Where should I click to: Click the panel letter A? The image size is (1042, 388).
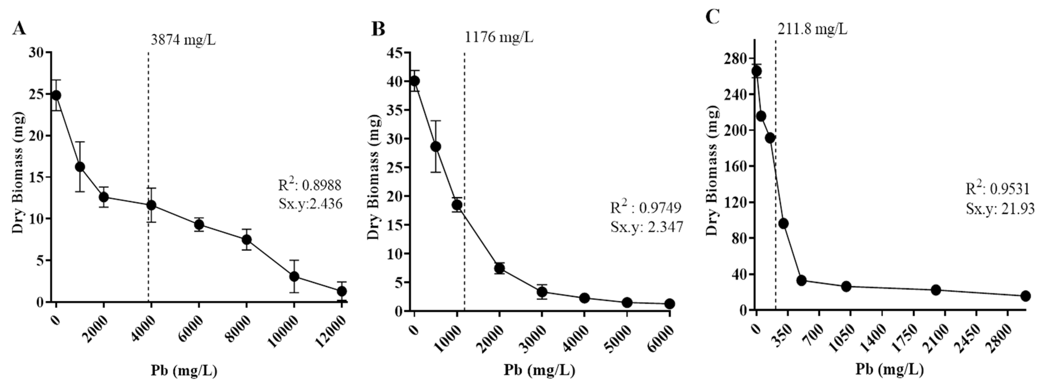tap(19, 29)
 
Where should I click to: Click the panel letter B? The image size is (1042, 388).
tap(378, 29)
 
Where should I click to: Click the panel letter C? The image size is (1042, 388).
tap(713, 17)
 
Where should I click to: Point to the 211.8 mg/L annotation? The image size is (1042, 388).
tap(812, 29)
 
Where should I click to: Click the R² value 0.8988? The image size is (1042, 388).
tap(310, 186)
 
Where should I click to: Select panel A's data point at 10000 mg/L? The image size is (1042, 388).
tap(294, 277)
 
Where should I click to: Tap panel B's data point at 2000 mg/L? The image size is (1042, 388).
tap(499, 268)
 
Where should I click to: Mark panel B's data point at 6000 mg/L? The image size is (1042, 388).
tap(669, 304)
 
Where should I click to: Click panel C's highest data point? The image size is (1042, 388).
tap(756, 71)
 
